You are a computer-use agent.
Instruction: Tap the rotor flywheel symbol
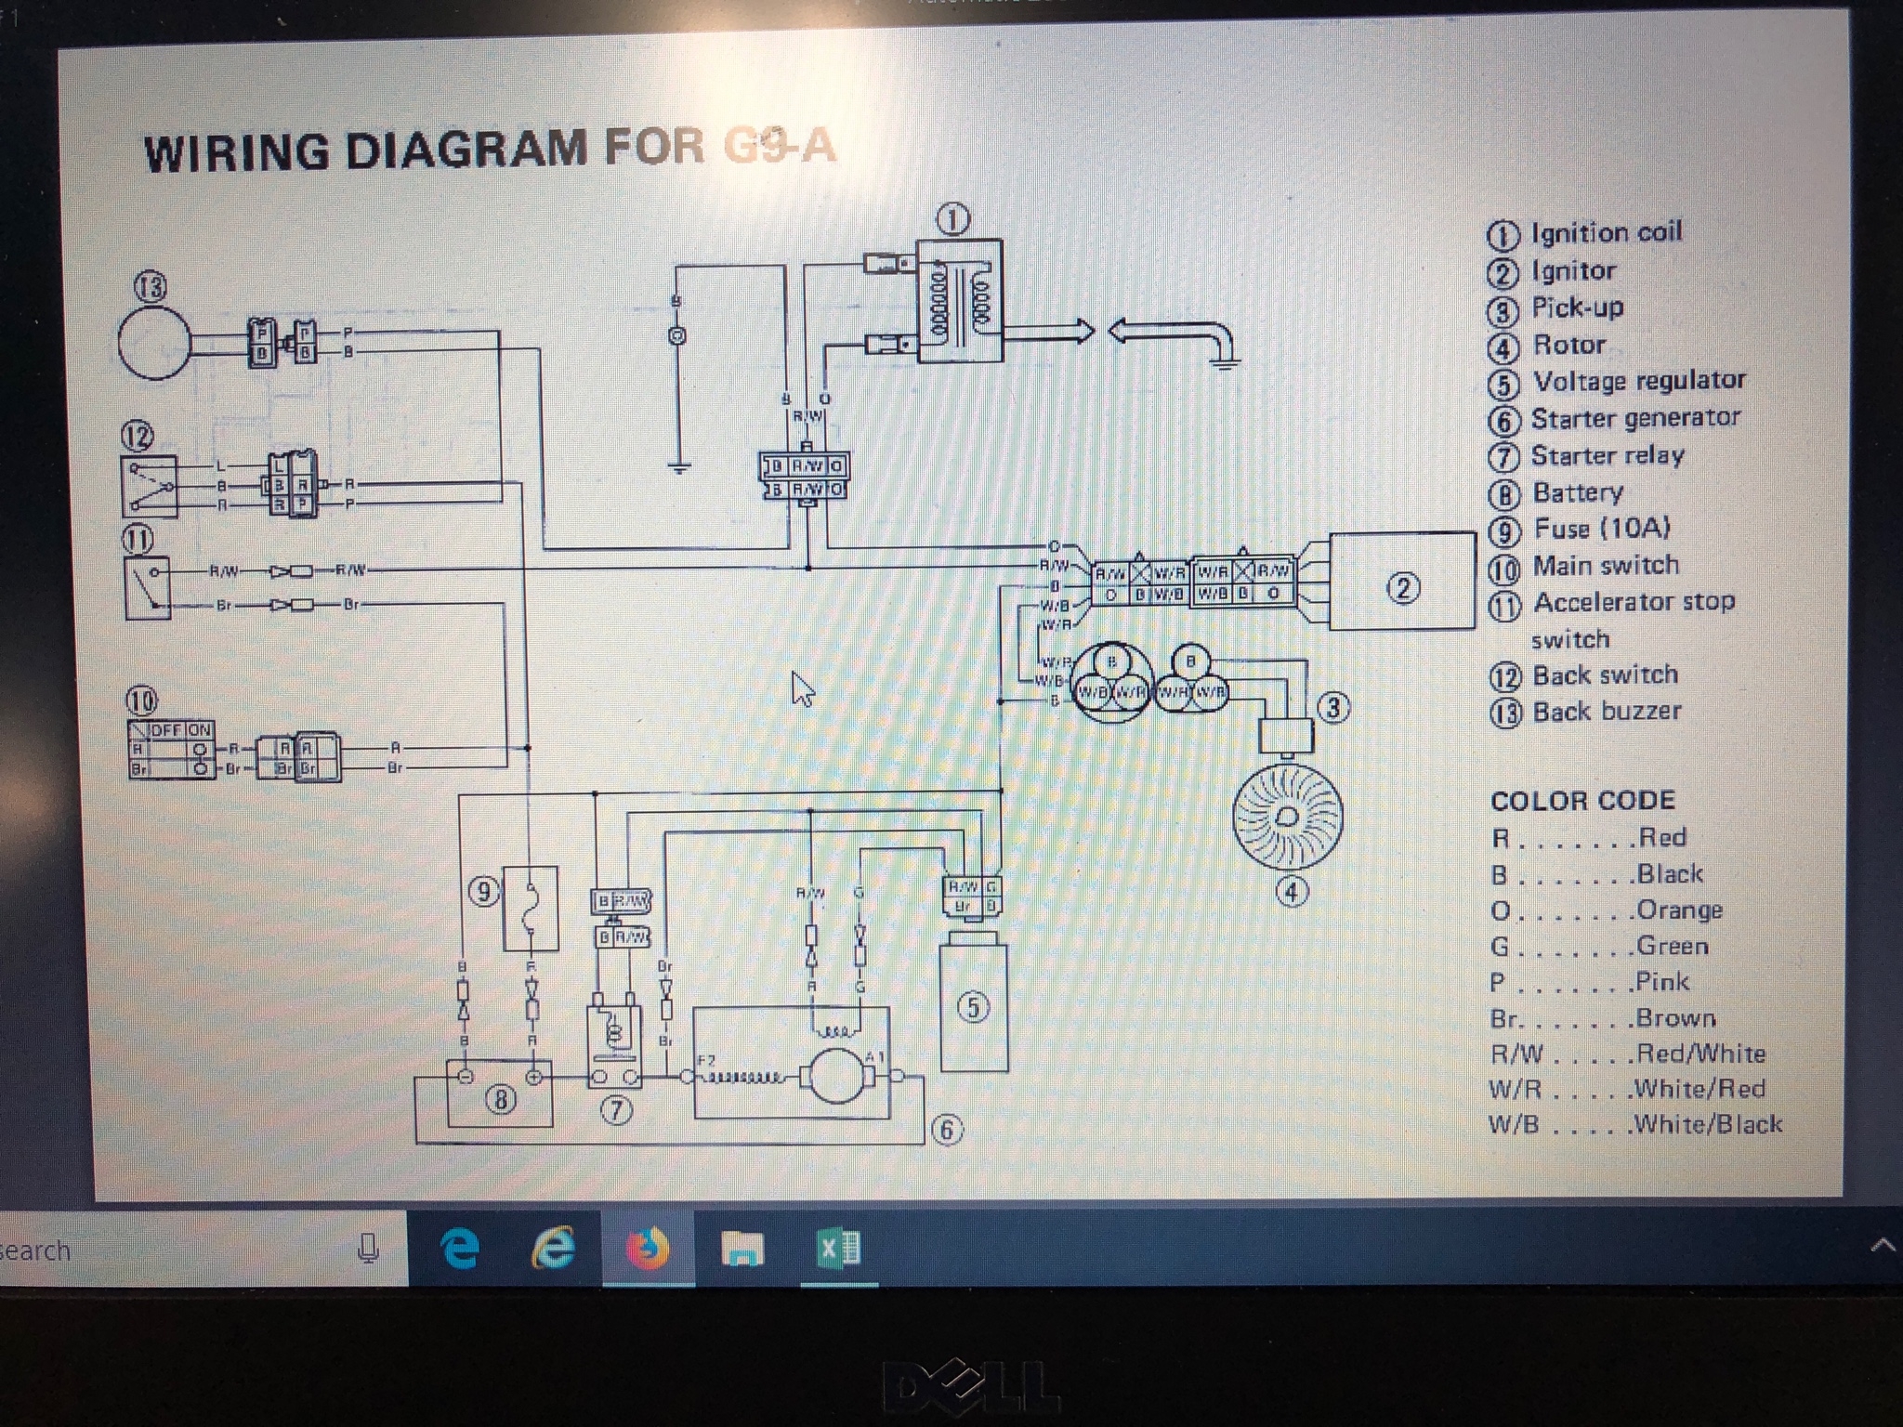tap(1287, 816)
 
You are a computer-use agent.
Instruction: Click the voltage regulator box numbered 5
tap(973, 1007)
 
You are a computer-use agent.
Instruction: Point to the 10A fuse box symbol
tap(531, 908)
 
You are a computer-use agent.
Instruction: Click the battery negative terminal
tap(466, 1077)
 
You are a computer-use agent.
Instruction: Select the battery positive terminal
tap(534, 1077)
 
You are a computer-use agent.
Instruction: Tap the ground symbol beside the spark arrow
tap(1225, 362)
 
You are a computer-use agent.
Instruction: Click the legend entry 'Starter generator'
tap(1635, 419)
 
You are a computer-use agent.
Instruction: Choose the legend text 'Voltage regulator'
tap(1639, 381)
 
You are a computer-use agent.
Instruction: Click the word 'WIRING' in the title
tap(237, 153)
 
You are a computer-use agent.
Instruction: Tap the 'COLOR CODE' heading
tap(1582, 801)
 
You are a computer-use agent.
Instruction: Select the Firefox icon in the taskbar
tap(648, 1249)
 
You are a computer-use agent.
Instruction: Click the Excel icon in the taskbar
tap(839, 1249)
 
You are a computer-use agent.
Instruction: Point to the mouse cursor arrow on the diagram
tap(802, 688)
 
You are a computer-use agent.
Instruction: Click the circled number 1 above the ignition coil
tap(954, 220)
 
